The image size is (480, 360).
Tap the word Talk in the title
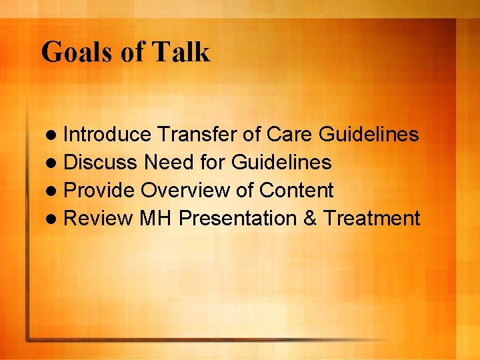pyautogui.click(x=182, y=52)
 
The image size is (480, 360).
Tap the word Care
pyautogui.click(x=290, y=135)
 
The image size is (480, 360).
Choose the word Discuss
pyautogui.click(x=101, y=163)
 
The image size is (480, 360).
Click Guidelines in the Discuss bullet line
pyautogui.click(x=281, y=163)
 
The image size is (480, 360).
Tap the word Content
pyautogui.click(x=296, y=191)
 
